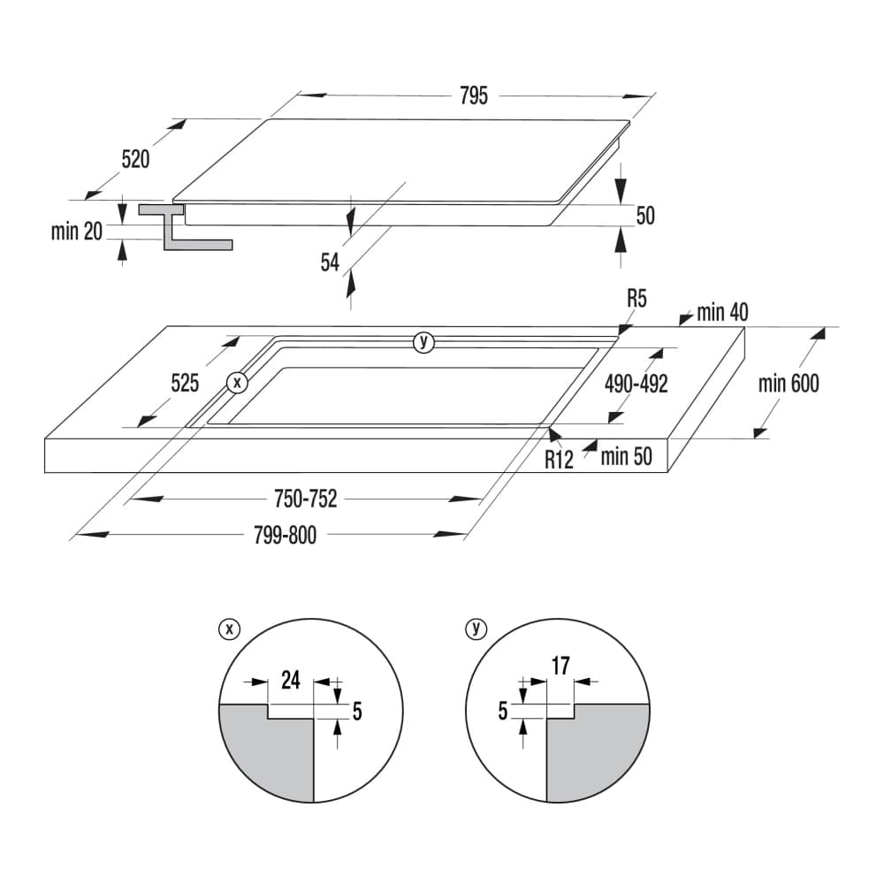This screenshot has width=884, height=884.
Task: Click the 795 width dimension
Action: click(474, 95)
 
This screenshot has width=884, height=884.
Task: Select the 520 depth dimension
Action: click(136, 159)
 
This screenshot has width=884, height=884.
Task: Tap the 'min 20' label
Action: click(77, 231)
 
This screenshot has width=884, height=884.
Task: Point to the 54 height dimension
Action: click(331, 263)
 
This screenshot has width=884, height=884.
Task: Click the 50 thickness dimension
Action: click(645, 216)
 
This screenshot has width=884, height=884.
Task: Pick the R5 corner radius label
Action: click(637, 298)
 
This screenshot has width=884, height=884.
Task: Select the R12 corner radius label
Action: click(559, 460)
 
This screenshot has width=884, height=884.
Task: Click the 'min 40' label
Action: click(723, 312)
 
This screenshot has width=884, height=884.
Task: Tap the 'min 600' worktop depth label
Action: click(789, 384)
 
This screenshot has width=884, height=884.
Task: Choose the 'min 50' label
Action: click(627, 456)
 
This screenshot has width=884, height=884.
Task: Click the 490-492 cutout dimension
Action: click(636, 384)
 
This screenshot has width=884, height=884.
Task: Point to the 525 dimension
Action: click(185, 384)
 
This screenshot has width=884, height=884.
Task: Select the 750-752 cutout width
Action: click(306, 499)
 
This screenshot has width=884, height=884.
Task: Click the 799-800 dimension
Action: click(286, 535)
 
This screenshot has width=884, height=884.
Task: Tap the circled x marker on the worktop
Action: click(237, 383)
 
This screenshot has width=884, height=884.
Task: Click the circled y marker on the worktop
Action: click(423, 341)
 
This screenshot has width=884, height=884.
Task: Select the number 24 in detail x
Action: click(291, 680)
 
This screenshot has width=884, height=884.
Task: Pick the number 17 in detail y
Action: click(561, 666)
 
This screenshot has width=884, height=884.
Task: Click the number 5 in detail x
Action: click(357, 712)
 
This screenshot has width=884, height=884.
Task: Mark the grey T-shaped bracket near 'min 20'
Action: click(186, 227)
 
